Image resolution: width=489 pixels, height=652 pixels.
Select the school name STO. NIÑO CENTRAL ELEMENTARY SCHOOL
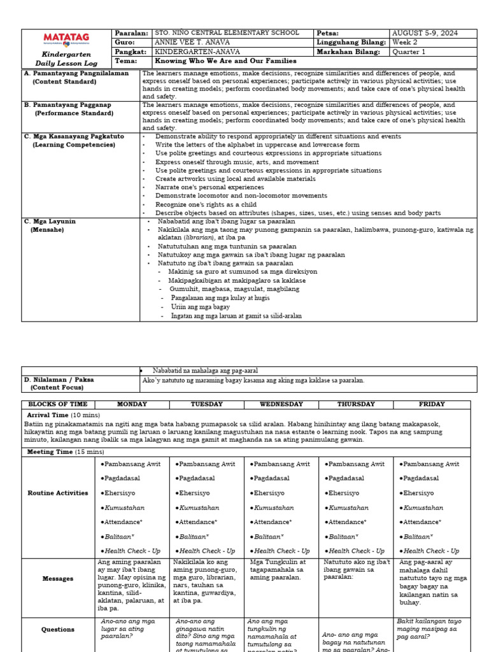226,33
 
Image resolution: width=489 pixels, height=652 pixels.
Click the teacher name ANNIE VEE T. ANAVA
192,42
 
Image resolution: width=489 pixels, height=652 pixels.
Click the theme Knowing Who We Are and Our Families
226,61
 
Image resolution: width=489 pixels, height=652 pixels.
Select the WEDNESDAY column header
281,404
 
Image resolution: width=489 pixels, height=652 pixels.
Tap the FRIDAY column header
432,404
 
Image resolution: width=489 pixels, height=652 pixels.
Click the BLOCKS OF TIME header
57,404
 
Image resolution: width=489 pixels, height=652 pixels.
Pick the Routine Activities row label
57,493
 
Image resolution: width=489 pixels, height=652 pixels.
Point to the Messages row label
58,579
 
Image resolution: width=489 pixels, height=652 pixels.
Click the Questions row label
58,630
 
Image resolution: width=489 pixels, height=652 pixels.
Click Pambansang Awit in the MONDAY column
131,464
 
